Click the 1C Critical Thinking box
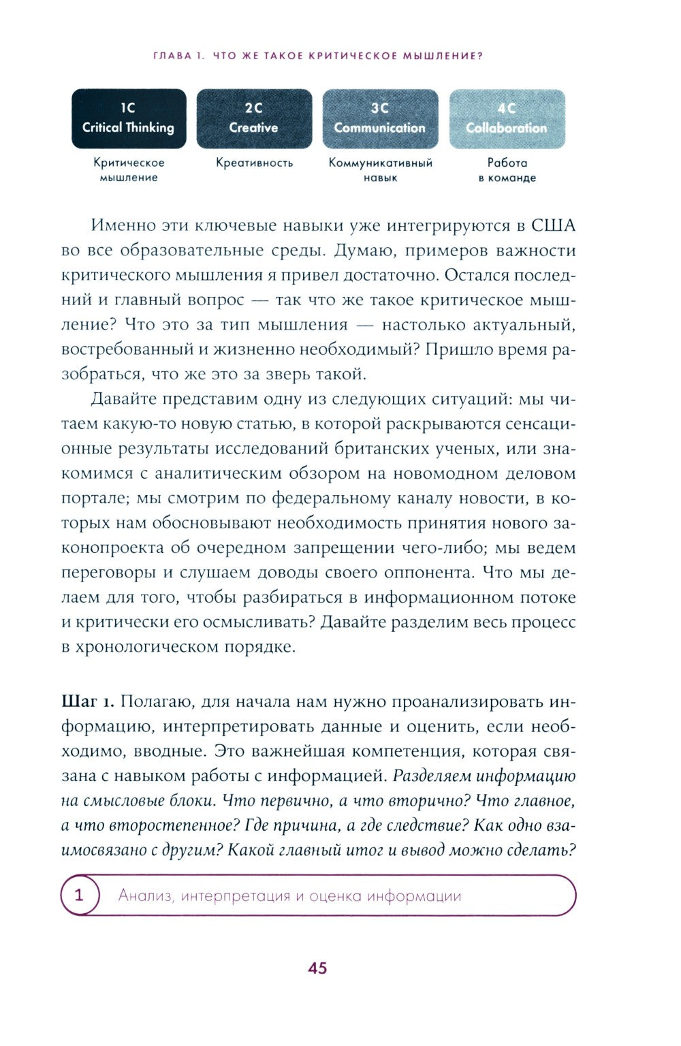click(x=129, y=118)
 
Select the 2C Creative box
click(x=254, y=118)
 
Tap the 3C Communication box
click(x=380, y=118)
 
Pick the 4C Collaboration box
click(x=507, y=118)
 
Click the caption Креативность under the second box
click(x=254, y=163)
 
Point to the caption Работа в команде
click(x=507, y=170)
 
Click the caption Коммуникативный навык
click(x=380, y=170)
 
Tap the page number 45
click(x=317, y=968)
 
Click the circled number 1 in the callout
click(x=79, y=895)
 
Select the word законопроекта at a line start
click(x=113, y=548)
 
